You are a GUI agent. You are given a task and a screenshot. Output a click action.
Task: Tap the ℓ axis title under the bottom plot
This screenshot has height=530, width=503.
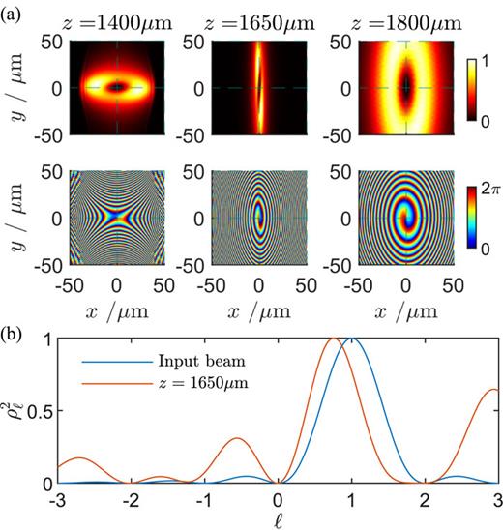[279, 518]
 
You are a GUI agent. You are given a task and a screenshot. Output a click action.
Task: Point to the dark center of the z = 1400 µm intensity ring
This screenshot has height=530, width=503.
[117, 87]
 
